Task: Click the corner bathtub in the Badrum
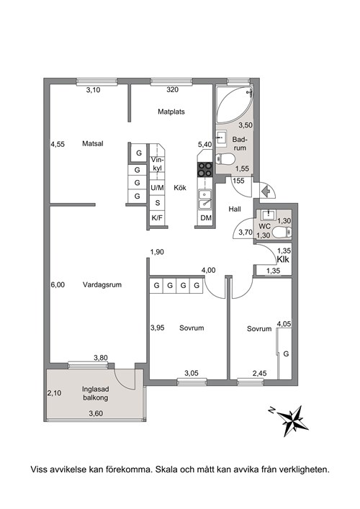pyautogui.click(x=234, y=104)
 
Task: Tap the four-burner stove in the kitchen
pyautogui.click(x=205, y=169)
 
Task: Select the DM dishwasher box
pyautogui.click(x=206, y=218)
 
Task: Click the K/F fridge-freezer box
pyautogui.click(x=157, y=218)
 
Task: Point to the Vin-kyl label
pyautogui.click(x=158, y=164)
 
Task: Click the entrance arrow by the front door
pyautogui.click(x=266, y=192)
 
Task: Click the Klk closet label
pyautogui.click(x=283, y=259)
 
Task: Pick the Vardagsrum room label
pyautogui.click(x=102, y=284)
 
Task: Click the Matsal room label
pyautogui.click(x=92, y=143)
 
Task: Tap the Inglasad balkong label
pyautogui.click(x=96, y=393)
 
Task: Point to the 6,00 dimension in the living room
pyautogui.click(x=58, y=284)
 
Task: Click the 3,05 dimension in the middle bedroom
pyautogui.click(x=192, y=374)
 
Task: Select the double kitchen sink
pyautogui.click(x=204, y=199)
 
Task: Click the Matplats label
pyautogui.click(x=171, y=112)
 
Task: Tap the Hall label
pyautogui.click(x=235, y=209)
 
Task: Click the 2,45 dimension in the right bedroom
pyautogui.click(x=259, y=374)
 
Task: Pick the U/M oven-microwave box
pyautogui.click(x=157, y=188)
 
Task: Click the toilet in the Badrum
pyautogui.click(x=225, y=158)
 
